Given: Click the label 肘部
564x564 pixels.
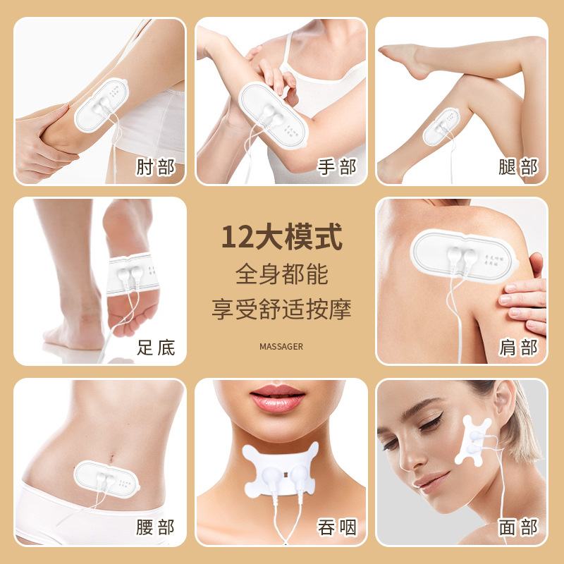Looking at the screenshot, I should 155,167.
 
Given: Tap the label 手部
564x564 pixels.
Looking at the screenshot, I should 337,167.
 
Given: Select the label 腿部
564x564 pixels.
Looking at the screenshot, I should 518,167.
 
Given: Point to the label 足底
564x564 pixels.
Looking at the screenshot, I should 155,347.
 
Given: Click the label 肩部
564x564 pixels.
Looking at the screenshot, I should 518,347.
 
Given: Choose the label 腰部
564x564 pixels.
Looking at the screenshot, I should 155,527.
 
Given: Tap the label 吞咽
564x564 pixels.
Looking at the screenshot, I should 337,527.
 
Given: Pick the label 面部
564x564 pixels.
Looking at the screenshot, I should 518,527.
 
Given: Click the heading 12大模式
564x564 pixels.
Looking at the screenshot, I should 281,237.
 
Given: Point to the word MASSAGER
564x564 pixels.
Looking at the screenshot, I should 281,346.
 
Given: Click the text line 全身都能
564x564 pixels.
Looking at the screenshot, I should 281,274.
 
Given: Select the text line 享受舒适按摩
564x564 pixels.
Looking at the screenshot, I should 281,308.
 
